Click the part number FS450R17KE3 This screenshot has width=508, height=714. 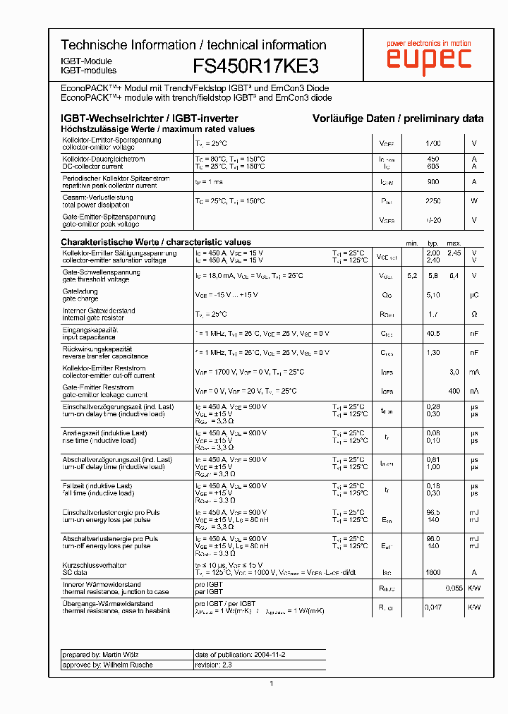(255, 66)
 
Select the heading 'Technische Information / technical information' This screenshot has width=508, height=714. (193, 45)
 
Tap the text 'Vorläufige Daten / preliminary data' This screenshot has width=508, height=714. (398, 119)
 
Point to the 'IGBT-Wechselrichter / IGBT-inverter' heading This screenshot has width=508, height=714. (150, 119)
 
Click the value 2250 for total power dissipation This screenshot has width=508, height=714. (433, 201)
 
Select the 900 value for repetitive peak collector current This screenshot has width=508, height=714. (433, 182)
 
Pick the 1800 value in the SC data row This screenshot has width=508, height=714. (433, 573)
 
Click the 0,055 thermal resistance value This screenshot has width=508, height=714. (454, 588)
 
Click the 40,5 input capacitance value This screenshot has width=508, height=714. (433, 333)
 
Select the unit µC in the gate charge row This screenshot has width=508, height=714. (474, 295)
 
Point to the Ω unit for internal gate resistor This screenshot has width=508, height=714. (474, 314)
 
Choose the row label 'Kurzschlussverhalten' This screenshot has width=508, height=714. (95, 565)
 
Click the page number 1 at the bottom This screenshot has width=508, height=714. (272, 683)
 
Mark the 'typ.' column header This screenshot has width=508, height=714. (433, 243)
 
